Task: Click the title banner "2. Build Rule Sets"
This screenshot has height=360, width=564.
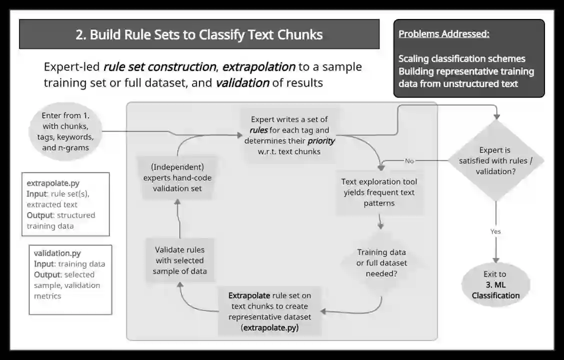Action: tap(199, 34)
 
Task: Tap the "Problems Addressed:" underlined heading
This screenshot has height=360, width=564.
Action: tap(443, 34)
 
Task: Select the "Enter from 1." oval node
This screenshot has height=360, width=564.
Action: tap(65, 131)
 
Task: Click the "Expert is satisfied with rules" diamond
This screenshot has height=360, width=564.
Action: tap(495, 160)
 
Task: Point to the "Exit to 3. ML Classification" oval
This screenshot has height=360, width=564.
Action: tap(495, 284)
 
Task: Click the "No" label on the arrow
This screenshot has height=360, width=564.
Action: tap(409, 161)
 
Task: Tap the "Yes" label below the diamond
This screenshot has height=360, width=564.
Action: tap(495, 231)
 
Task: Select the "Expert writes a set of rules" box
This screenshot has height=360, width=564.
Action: tap(289, 135)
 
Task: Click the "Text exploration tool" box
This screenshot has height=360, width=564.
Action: tap(379, 192)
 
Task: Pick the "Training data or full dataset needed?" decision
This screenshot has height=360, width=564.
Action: tap(381, 262)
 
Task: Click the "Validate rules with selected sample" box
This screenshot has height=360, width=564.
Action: tap(179, 260)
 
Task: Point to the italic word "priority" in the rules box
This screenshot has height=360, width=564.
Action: tap(320, 141)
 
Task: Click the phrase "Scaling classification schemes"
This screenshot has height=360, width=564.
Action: tap(461, 58)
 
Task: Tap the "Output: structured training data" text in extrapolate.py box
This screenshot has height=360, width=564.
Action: tap(60, 220)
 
